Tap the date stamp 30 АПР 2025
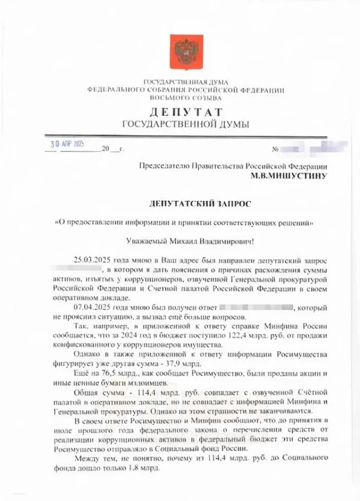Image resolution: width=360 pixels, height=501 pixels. pos(66,144)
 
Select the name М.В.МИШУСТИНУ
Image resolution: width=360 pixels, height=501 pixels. pos(288,176)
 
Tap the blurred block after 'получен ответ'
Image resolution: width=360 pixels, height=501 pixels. pos(255,307)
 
